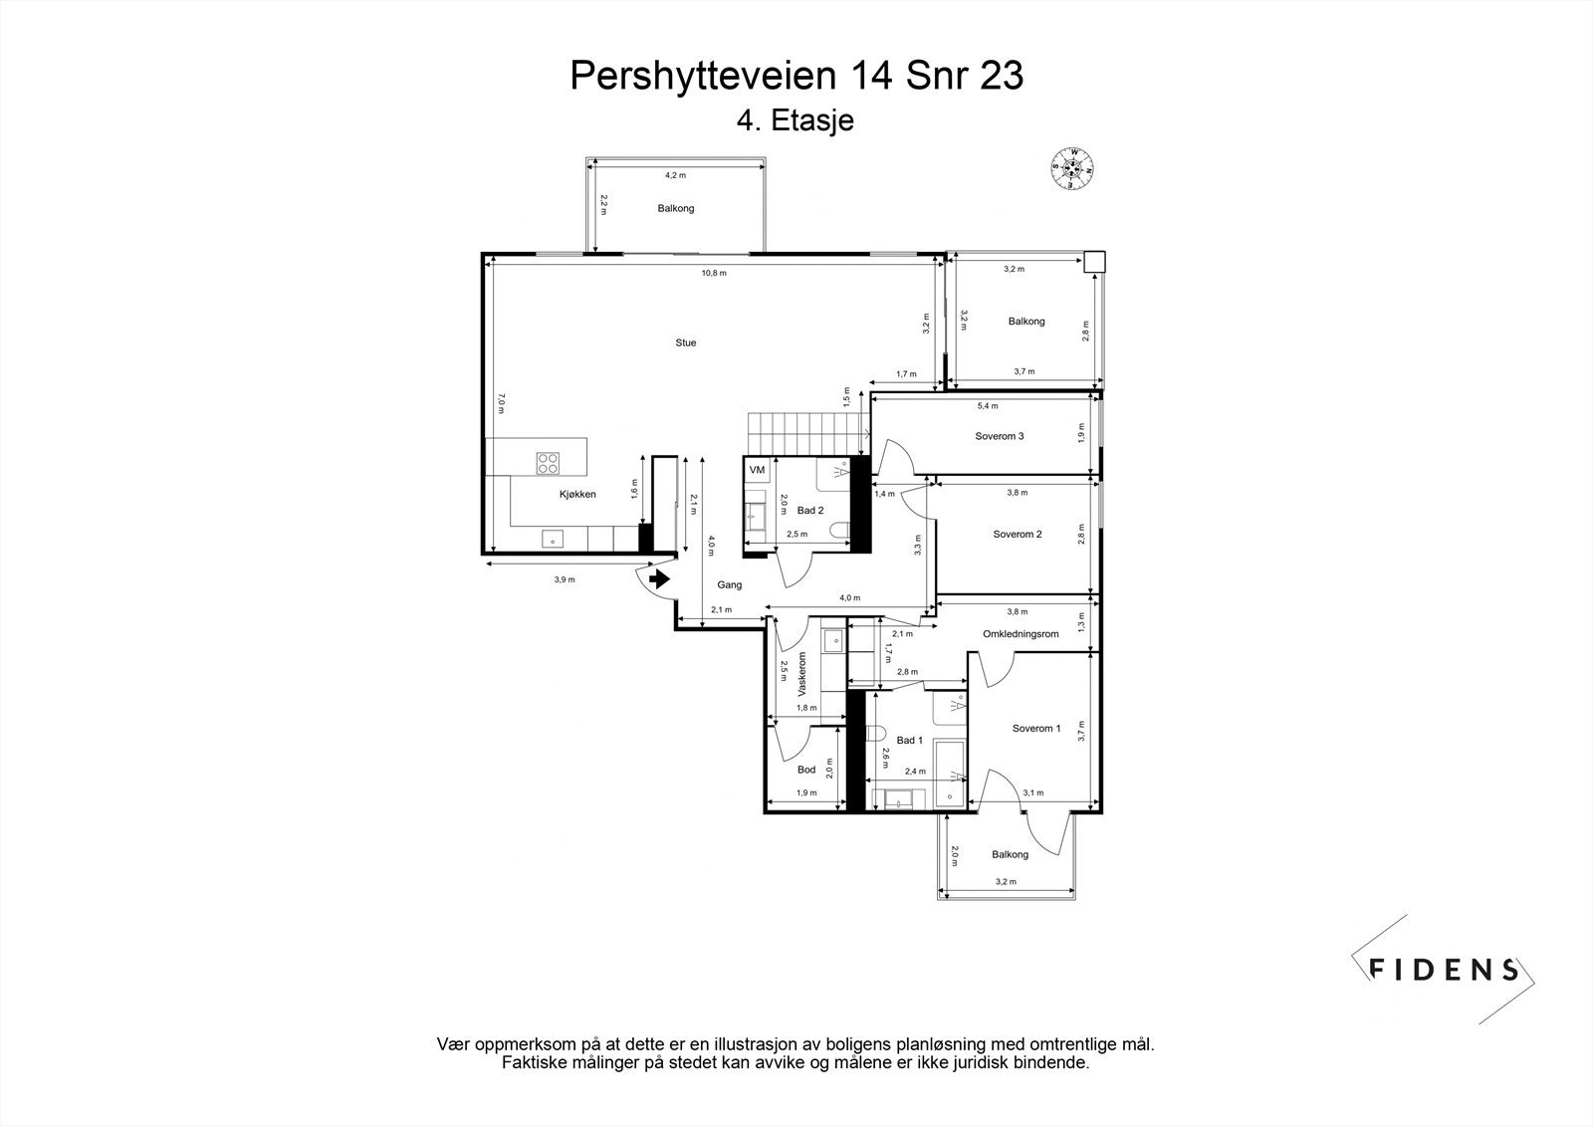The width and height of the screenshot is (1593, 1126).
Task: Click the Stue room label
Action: pyautogui.click(x=685, y=342)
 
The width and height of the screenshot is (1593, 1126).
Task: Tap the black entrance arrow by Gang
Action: pyautogui.click(x=658, y=578)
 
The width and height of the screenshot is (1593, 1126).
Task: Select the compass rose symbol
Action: pyautogui.click(x=1073, y=168)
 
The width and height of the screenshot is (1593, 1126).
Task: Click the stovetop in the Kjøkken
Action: pyautogui.click(x=548, y=462)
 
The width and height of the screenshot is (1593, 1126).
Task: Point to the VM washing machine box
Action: pyautogui.click(x=757, y=470)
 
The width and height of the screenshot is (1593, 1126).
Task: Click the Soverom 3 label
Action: pyautogui.click(x=999, y=436)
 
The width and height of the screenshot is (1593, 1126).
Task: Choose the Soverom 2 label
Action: pyautogui.click(x=1017, y=535)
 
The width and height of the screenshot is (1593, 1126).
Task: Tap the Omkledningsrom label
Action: pyautogui.click(x=1020, y=634)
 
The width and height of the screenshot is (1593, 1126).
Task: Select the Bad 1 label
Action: pyautogui.click(x=909, y=741)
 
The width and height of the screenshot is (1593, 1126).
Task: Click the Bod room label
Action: pyautogui.click(x=805, y=770)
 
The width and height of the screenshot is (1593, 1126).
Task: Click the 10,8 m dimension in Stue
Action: pyautogui.click(x=714, y=273)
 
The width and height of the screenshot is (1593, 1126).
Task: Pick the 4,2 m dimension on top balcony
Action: pyautogui.click(x=675, y=175)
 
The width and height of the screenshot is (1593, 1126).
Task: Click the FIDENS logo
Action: pyautogui.click(x=1443, y=969)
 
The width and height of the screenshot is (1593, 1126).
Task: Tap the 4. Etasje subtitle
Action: pyautogui.click(x=795, y=121)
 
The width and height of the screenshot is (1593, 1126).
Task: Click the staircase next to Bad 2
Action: pyautogui.click(x=802, y=433)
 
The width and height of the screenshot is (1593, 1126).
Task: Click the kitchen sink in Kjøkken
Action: pyautogui.click(x=549, y=539)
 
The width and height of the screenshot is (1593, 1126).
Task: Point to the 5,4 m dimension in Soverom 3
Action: pyautogui.click(x=987, y=406)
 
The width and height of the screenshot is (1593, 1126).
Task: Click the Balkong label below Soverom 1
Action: pyautogui.click(x=1010, y=854)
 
